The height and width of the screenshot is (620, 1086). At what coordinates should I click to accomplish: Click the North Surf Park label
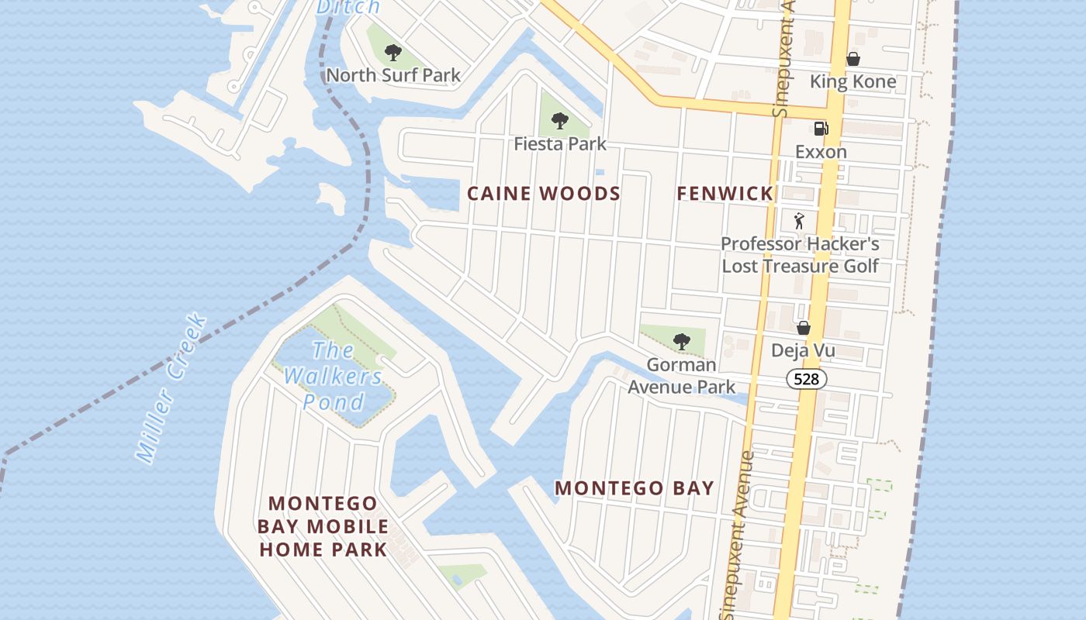393,75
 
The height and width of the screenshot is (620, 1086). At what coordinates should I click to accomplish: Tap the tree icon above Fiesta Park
559,121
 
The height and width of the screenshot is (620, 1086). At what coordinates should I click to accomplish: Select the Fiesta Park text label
560,144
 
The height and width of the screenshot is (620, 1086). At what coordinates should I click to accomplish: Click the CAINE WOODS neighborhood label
544,194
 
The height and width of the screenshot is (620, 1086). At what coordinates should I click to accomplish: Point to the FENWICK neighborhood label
725,194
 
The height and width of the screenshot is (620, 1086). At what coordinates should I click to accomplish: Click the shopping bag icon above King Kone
853,59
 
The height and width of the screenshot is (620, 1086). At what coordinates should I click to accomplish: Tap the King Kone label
853,81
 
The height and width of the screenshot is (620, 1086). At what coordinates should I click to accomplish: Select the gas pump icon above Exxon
821,129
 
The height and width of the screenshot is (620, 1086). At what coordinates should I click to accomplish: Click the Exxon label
821,152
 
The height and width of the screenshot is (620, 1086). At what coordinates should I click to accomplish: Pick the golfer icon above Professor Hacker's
800,221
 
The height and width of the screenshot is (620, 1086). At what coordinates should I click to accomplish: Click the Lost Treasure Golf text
800,266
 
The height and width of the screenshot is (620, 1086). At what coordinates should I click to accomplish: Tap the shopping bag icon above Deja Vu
804,328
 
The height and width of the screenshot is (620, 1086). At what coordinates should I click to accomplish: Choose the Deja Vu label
803,350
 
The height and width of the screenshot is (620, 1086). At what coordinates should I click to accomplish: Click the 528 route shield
807,379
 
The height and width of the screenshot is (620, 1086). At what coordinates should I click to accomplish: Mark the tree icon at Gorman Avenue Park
681,341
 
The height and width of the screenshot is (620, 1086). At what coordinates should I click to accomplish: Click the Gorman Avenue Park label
681,375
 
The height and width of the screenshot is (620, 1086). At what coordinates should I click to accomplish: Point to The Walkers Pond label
334,376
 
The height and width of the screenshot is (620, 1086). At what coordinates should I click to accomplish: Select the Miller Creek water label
171,387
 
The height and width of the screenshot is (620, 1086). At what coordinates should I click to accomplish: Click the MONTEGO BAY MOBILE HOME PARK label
323,527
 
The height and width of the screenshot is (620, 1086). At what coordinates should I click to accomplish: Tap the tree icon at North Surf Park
393,53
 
